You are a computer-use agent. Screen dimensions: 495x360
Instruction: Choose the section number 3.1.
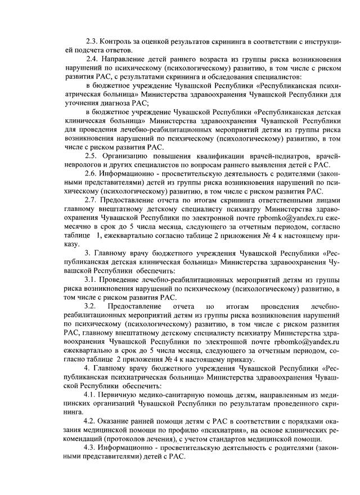[91, 280]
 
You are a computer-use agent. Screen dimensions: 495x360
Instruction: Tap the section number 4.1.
[91, 394]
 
